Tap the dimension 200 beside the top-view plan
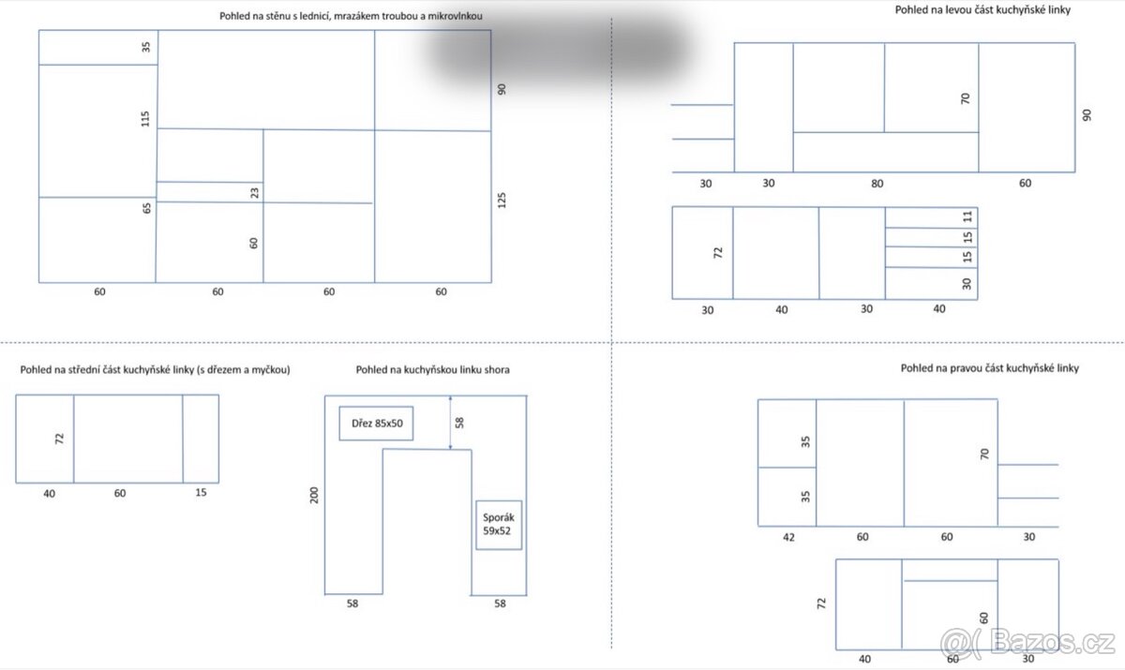[x=314, y=496]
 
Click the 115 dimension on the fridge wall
[x=145, y=119]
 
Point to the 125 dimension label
[x=502, y=201]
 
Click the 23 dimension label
[x=255, y=193]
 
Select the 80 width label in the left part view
[x=877, y=184]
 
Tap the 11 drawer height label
[x=967, y=216]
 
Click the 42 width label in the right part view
[x=788, y=538]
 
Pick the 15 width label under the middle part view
[x=201, y=492]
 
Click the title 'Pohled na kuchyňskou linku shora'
[x=432, y=370]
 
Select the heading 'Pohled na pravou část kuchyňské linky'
[x=989, y=368]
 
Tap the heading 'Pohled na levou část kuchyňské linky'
[x=982, y=10]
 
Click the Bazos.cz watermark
[x=1028, y=643]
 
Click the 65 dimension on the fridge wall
[x=146, y=208]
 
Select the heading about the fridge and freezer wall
[x=351, y=16]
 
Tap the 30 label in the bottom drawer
[x=967, y=284]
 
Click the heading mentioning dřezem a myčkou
[x=156, y=370]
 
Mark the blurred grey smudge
[x=558, y=48]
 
